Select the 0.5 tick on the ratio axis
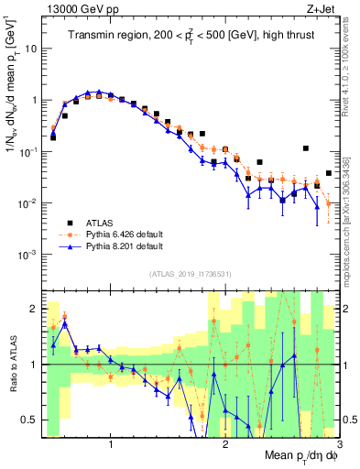31,420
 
